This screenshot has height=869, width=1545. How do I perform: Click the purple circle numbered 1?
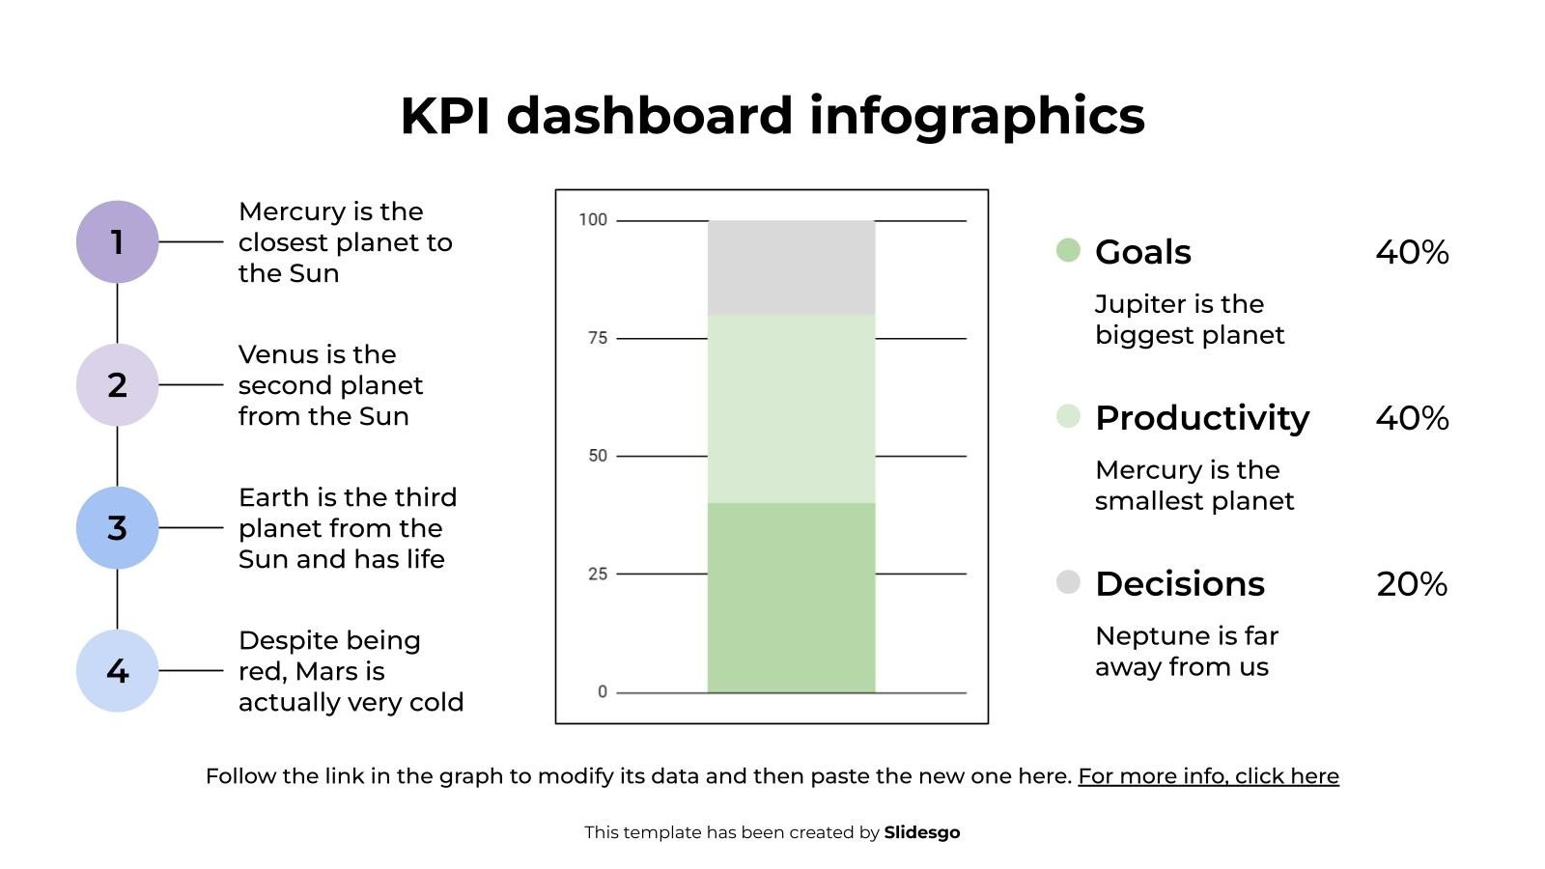click(117, 241)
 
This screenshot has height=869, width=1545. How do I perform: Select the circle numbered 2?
click(117, 384)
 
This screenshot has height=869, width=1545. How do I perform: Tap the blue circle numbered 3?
click(117, 527)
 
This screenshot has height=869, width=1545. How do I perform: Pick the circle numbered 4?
click(117, 670)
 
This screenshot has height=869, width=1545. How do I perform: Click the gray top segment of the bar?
click(791, 267)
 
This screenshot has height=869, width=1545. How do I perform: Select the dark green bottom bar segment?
click(791, 597)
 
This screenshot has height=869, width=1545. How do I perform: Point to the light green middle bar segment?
click(791, 408)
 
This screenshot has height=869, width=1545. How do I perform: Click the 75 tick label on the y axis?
click(598, 338)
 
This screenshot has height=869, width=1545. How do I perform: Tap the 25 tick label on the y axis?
click(598, 574)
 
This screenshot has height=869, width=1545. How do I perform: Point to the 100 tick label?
click(593, 220)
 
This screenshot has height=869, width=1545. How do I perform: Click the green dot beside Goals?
click(1068, 250)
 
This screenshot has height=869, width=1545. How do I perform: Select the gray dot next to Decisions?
click(1068, 582)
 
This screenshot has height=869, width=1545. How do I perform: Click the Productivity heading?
click(1201, 418)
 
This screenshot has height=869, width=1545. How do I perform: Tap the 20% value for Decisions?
click(1411, 584)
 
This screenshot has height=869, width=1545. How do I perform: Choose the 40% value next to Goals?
click(1411, 252)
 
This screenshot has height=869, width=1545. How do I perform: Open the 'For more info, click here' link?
click(1208, 776)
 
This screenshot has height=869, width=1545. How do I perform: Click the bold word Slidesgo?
click(921, 832)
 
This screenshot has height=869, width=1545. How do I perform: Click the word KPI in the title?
click(446, 116)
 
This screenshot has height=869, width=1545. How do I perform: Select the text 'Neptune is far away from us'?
click(1186, 652)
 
